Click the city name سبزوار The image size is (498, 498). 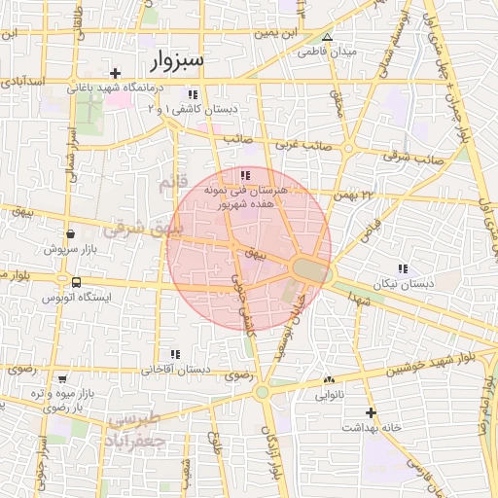(x=178, y=61)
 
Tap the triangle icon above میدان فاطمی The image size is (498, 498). (x=327, y=38)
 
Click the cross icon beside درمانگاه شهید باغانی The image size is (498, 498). (x=116, y=73)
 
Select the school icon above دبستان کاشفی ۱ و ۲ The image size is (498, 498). (x=193, y=94)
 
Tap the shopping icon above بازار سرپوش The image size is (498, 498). (x=70, y=233)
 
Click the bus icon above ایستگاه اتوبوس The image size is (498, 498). (x=76, y=282)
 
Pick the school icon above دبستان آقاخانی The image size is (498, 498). (x=175, y=355)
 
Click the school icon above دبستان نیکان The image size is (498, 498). (x=402, y=268)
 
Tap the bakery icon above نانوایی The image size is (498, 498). (x=329, y=380)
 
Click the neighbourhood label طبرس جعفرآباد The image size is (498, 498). (x=139, y=429)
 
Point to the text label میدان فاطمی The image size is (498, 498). (x=328, y=51)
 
